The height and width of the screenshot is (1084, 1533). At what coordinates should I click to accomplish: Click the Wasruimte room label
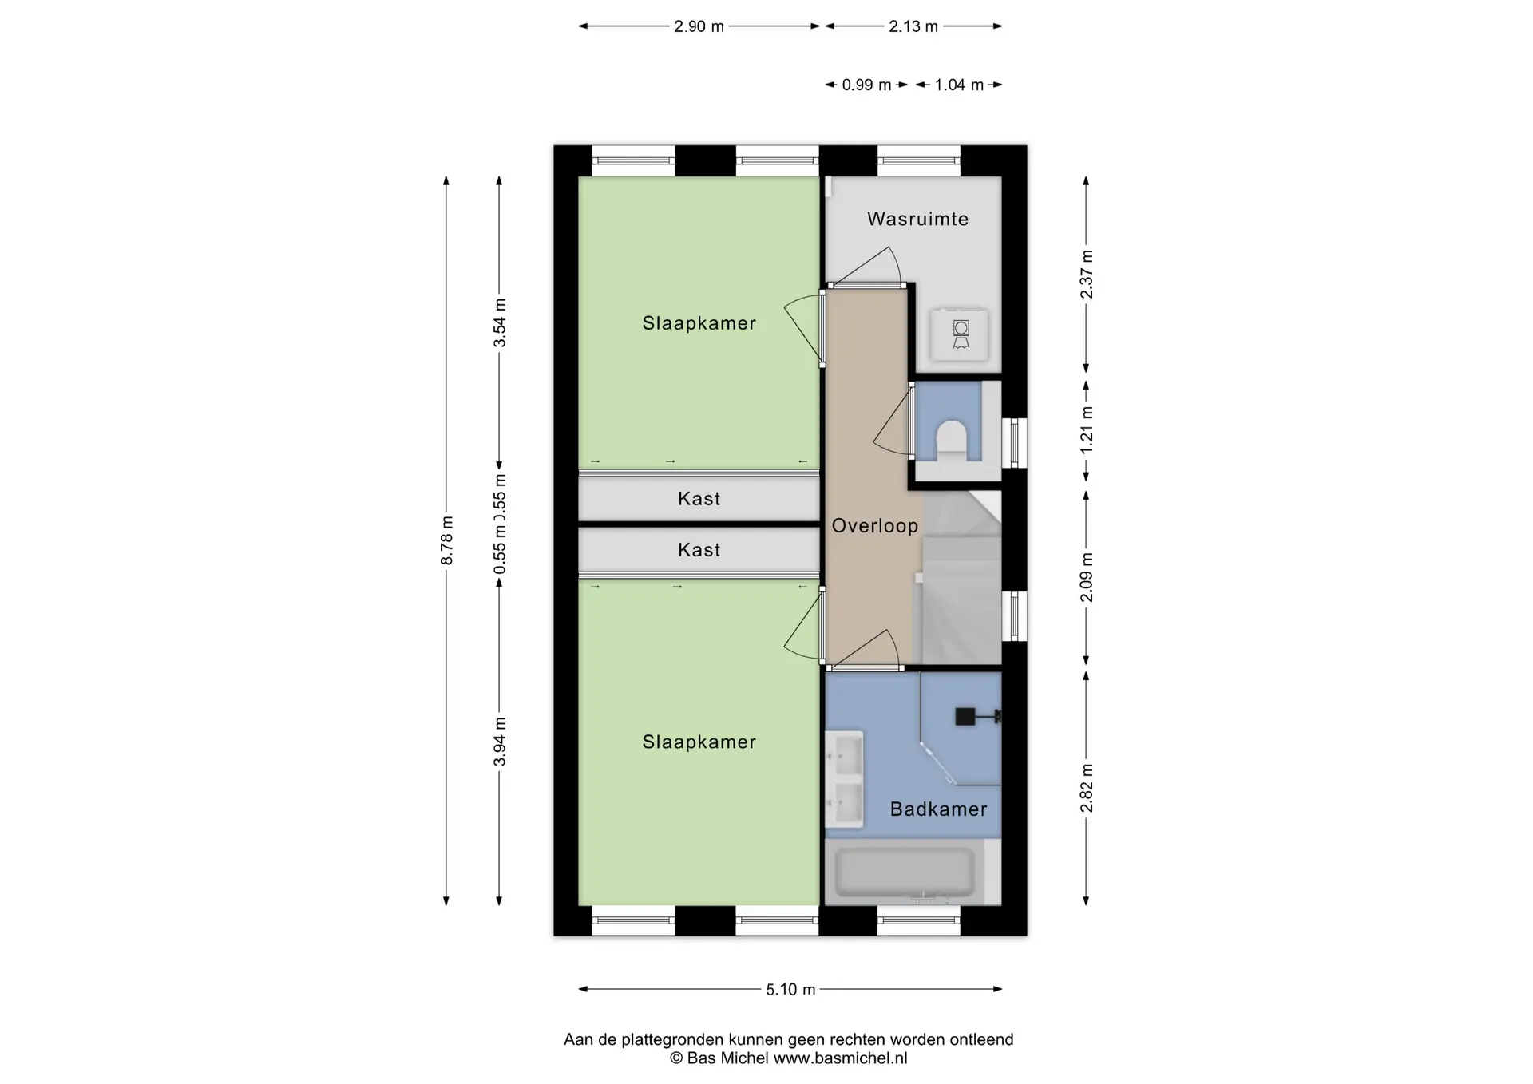pos(917,219)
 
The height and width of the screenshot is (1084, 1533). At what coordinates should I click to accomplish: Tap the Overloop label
pos(875,526)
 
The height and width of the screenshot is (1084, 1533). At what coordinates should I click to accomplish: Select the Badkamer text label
pos(938,809)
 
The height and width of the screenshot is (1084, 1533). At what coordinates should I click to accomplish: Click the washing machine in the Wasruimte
pos(961,334)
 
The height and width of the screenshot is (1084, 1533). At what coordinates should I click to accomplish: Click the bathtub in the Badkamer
pos(904,872)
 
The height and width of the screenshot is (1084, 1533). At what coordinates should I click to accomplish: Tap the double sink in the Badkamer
pos(844,779)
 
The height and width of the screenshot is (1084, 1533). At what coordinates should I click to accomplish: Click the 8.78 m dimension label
pos(447,540)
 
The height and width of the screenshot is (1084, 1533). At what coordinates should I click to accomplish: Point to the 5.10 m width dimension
pos(790,990)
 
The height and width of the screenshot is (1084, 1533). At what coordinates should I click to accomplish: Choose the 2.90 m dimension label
pos(699,26)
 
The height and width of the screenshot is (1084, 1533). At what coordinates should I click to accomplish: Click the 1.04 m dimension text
pos(959,85)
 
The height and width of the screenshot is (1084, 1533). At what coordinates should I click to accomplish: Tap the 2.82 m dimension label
pos(1087,788)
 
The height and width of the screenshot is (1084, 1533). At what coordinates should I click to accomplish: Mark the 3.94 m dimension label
pos(500,742)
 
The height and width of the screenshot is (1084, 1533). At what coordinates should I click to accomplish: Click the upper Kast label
pos(699,499)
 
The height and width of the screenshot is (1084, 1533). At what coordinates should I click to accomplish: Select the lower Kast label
pos(699,550)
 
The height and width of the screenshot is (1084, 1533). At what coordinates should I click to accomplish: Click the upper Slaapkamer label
pos(699,323)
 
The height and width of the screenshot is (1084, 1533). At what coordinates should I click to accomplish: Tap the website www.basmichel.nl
pos(840,1058)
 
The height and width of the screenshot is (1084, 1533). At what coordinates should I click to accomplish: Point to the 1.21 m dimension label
pos(1087,430)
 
